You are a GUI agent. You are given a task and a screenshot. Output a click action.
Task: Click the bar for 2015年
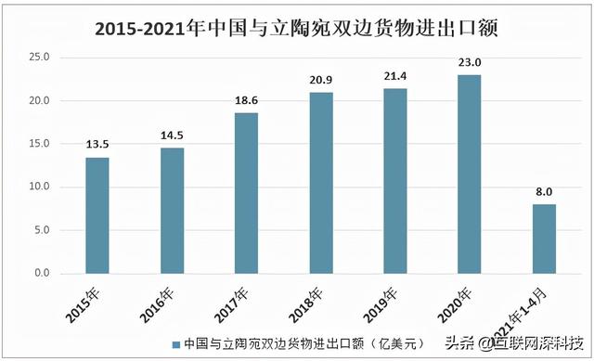tap(97, 215)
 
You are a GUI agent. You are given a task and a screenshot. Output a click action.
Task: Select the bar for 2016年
tap(172, 211)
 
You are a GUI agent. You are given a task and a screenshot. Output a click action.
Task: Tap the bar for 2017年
tap(246, 193)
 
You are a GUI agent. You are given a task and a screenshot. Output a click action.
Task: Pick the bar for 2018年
tap(321, 183)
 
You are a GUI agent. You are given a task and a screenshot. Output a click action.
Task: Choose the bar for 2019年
tap(395, 181)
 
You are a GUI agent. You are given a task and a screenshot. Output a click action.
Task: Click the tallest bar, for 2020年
tap(470, 174)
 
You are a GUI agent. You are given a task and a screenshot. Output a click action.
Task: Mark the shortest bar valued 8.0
tap(544, 239)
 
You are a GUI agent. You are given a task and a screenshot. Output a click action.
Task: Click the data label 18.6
tap(246, 101)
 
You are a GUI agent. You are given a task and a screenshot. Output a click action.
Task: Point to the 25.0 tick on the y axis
tap(40, 58)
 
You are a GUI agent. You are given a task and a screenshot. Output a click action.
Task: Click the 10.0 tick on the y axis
tap(40, 187)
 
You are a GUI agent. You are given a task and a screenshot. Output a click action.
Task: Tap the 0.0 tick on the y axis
tap(43, 274)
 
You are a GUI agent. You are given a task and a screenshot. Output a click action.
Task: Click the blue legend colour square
tap(174, 342)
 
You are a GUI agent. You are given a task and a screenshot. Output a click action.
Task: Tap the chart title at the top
tap(297, 29)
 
